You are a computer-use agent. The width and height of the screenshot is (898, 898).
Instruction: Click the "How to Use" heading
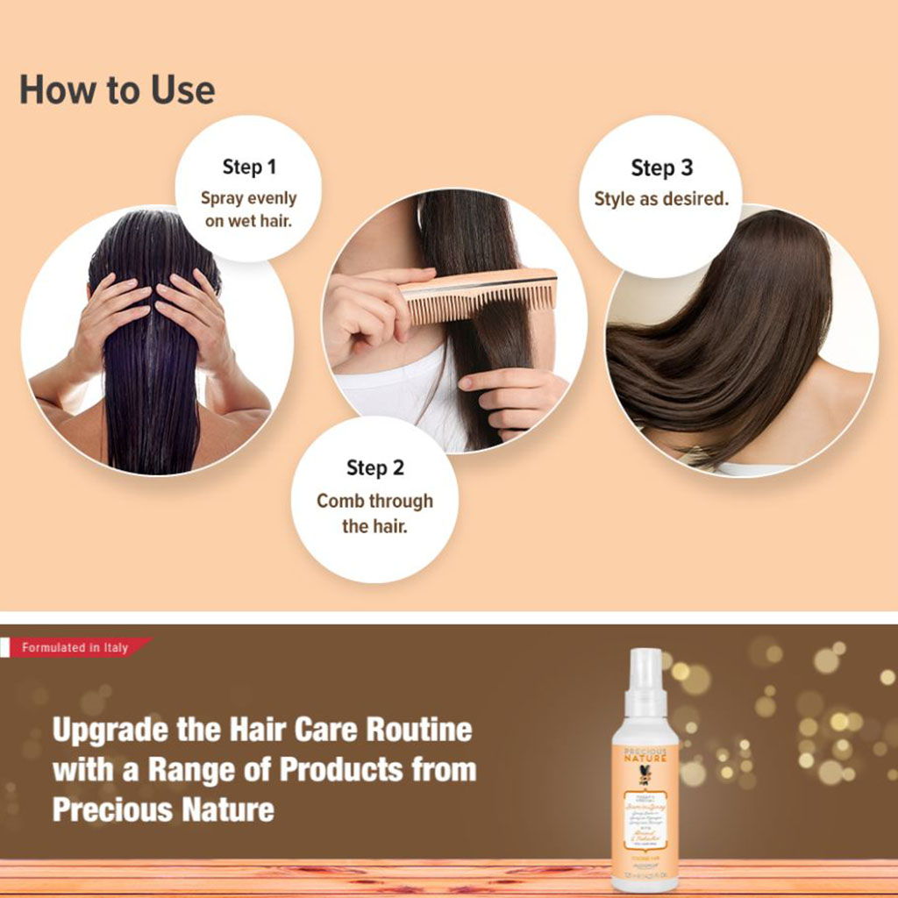tap(117, 90)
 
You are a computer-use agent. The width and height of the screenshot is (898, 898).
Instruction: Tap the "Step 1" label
tap(249, 167)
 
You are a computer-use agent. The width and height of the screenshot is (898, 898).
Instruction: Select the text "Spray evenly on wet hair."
tap(249, 210)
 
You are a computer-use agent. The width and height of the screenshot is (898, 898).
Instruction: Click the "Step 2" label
tap(374, 467)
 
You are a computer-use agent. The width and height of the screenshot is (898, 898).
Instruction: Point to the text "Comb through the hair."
tap(374, 513)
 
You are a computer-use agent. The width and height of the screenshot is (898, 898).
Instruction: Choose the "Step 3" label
tap(660, 167)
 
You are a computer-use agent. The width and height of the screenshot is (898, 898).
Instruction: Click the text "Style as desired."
tap(660, 199)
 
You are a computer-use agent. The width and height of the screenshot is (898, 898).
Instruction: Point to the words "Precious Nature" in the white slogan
tap(163, 809)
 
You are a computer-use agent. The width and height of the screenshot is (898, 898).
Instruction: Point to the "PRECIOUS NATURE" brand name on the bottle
tap(645, 755)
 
